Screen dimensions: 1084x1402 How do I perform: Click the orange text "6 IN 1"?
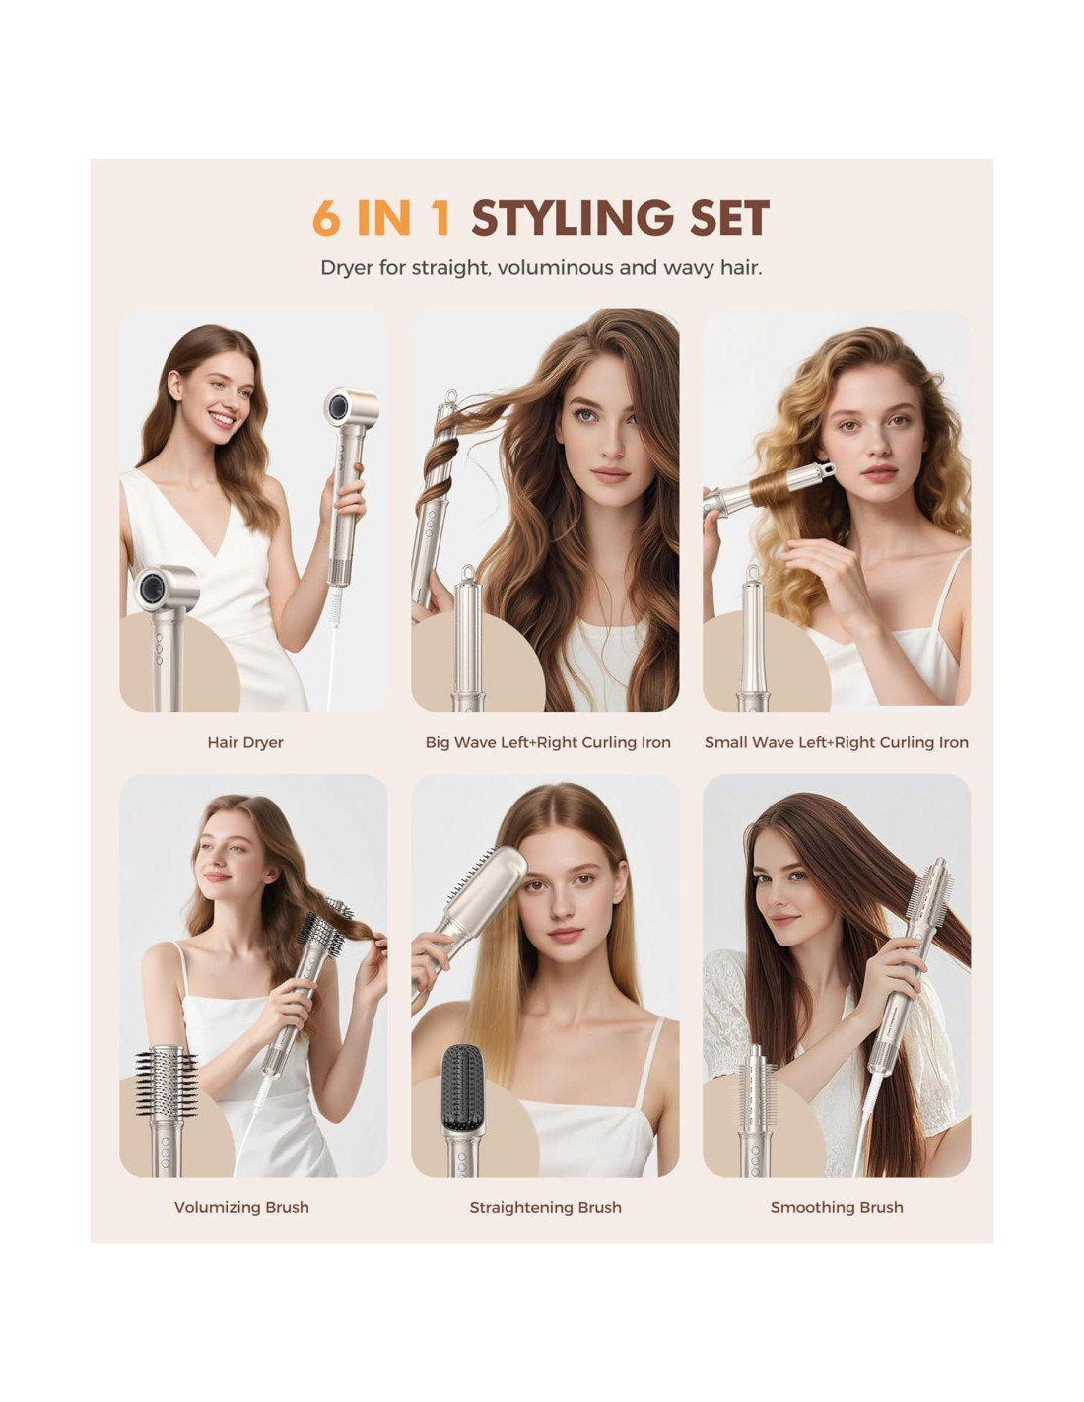coord(381,218)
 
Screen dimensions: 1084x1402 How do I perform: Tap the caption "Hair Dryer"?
coord(245,742)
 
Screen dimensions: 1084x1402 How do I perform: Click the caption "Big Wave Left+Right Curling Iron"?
coord(548,742)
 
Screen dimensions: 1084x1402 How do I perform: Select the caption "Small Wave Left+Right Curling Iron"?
coord(837,742)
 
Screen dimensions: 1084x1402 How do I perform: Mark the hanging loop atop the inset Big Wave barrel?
coord(467,573)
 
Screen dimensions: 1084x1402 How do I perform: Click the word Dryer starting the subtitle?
coord(346,268)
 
